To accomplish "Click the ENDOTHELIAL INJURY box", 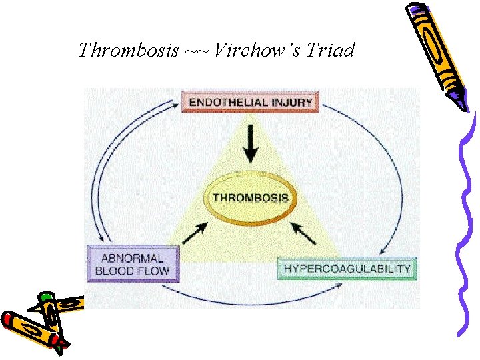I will coord(251,102).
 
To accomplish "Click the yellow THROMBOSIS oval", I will coord(251,197).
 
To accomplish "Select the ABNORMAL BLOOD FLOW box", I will coord(133,264).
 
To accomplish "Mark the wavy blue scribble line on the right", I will coord(467,220).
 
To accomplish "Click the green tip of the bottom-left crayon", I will coord(46,297).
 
